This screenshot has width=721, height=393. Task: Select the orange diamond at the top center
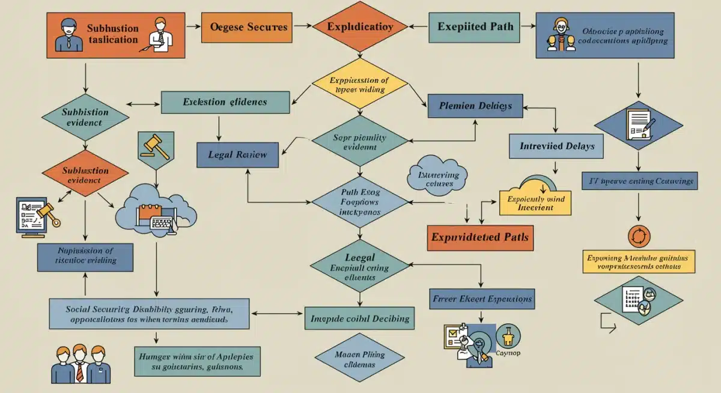pyautogui.click(x=360, y=27)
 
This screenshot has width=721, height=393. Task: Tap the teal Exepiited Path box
pyautogui.click(x=474, y=27)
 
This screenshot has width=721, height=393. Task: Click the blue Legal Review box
pyautogui.click(x=239, y=154)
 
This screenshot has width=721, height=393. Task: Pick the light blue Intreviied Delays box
pyautogui.click(x=557, y=146)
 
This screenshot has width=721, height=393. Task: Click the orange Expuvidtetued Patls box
pyautogui.click(x=479, y=237)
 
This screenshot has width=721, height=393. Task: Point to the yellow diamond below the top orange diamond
pyautogui.click(x=359, y=84)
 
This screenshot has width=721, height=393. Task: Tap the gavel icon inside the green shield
pyautogui.click(x=156, y=145)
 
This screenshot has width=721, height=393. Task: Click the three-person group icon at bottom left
pyautogui.click(x=80, y=364)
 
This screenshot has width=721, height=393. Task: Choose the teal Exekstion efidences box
pyautogui.click(x=225, y=102)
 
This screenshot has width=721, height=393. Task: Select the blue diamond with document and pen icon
pyautogui.click(x=638, y=125)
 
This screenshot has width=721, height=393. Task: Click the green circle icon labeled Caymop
pyautogui.click(x=508, y=337)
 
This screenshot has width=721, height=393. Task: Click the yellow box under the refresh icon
pyautogui.click(x=639, y=261)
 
